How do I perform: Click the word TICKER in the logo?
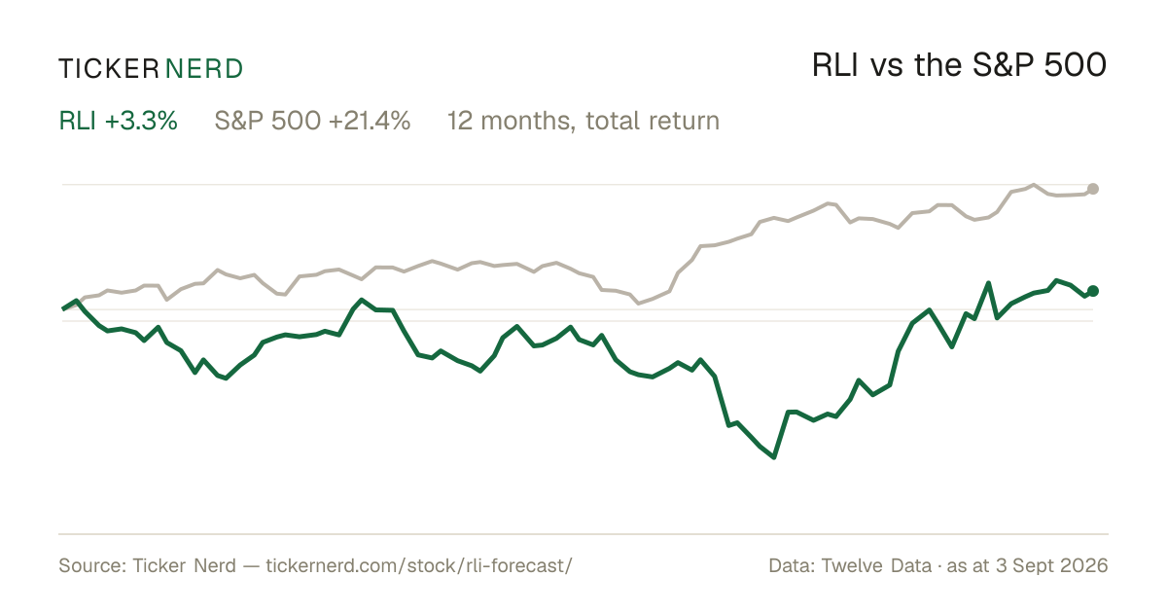pos(108,69)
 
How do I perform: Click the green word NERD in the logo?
pos(203,69)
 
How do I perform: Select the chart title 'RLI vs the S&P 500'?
pos(959,65)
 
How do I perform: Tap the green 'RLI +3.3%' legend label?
pos(119,121)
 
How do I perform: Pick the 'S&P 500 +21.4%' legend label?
pos(312,121)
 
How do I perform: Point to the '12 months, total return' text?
pos(583,122)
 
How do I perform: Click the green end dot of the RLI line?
pos(1093,291)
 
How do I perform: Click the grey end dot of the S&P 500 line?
pos(1093,189)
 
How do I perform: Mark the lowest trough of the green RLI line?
pos(774,457)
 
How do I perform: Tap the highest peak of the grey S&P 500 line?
pos(1034,185)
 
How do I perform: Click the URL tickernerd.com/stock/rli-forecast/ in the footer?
pos(419,565)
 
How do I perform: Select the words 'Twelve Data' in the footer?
pos(876,565)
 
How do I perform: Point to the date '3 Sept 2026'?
pos(1052,565)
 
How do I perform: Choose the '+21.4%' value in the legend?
pos(370,121)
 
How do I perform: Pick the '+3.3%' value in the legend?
pos(141,121)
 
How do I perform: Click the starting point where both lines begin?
pos(63,309)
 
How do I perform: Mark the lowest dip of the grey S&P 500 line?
pos(640,303)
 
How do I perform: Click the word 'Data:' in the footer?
pos(792,565)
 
